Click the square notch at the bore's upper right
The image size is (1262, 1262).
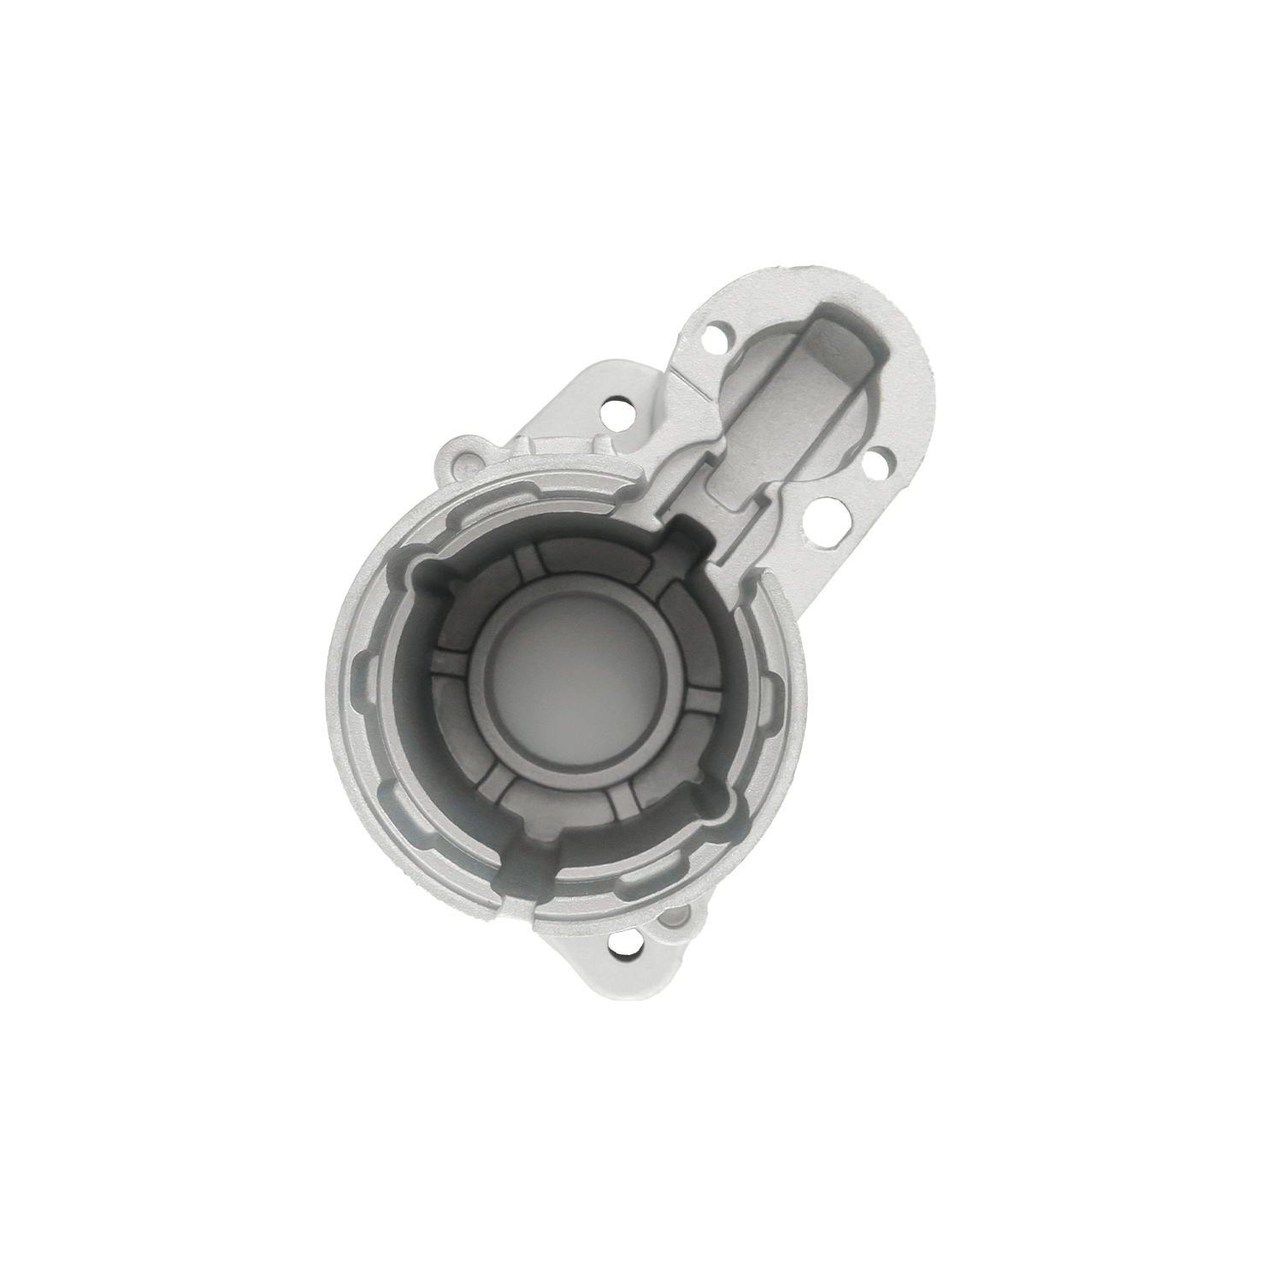pyautogui.click(x=686, y=537)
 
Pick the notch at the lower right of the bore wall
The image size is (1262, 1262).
pyautogui.click(x=714, y=804)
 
